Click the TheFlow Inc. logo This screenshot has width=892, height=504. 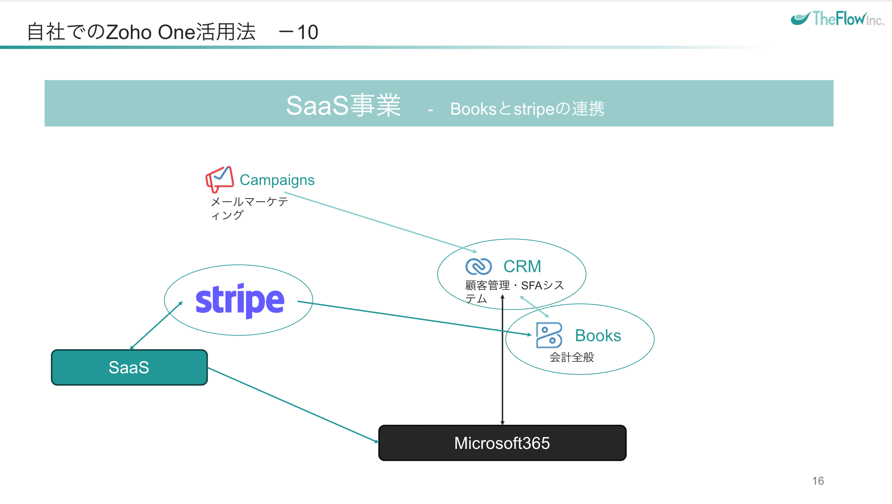pyautogui.click(x=837, y=19)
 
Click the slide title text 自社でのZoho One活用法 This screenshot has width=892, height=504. pyautogui.click(x=141, y=32)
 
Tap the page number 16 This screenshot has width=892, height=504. pyautogui.click(x=818, y=481)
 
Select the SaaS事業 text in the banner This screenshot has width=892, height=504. pyautogui.click(x=343, y=105)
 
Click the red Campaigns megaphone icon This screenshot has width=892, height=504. pyautogui.click(x=219, y=179)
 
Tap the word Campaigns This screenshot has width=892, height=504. pyautogui.click(x=277, y=180)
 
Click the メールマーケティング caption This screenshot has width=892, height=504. pyautogui.click(x=249, y=208)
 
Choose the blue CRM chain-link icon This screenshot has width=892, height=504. pyautogui.click(x=478, y=266)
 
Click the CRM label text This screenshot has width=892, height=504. pyautogui.click(x=522, y=266)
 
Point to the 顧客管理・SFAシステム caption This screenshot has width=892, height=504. pyautogui.click(x=514, y=291)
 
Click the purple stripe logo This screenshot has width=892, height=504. pyautogui.click(x=240, y=301)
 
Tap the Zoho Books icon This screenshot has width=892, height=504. pyautogui.click(x=549, y=335)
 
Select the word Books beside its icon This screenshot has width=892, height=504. pyautogui.click(x=598, y=336)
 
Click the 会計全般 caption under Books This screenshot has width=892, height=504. pyautogui.click(x=571, y=357)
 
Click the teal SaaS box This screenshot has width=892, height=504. pyautogui.click(x=129, y=368)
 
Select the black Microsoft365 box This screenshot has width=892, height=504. pyautogui.click(x=502, y=443)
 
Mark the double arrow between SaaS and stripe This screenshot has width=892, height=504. pyautogui.click(x=156, y=325)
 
